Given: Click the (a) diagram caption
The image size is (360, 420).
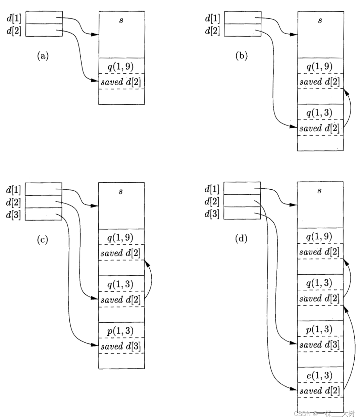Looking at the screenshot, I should [43, 55].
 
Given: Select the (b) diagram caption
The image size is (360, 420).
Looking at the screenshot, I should [241, 55].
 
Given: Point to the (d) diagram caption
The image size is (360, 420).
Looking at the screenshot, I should [241, 239].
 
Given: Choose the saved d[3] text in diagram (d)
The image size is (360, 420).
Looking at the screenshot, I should [319, 344].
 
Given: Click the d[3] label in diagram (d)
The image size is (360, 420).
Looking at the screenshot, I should [212, 214].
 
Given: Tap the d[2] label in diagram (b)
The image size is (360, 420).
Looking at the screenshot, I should [212, 31].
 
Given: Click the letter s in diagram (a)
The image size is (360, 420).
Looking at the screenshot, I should [121, 20].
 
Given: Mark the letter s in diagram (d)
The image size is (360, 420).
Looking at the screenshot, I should [319, 191].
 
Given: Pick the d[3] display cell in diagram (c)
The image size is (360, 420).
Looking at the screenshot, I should [44, 214].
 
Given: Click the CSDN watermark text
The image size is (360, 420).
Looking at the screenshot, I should [324, 414].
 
